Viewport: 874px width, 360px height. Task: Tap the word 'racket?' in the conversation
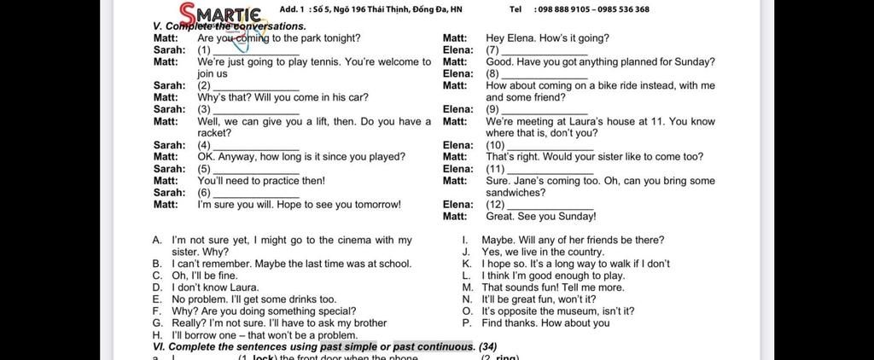click(x=214, y=133)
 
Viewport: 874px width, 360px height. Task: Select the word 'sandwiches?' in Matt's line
click(x=516, y=193)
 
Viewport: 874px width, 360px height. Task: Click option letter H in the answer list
click(x=156, y=335)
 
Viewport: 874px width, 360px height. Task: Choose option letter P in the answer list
click(x=466, y=323)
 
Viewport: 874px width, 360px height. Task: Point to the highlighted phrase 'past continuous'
click(x=433, y=347)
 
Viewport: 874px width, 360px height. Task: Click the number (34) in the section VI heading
click(x=487, y=347)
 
